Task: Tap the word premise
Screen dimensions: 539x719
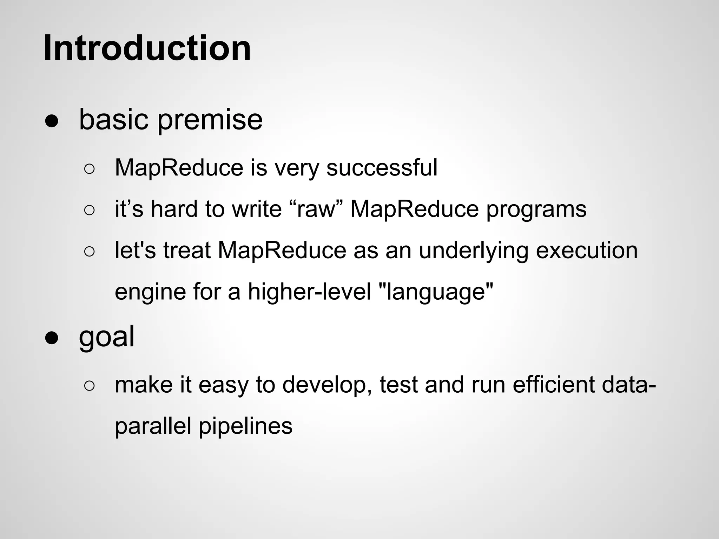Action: (x=210, y=120)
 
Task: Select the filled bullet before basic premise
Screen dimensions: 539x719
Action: (x=52, y=121)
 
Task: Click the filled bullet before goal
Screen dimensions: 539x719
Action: (x=52, y=338)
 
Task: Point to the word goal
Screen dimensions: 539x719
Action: (x=106, y=337)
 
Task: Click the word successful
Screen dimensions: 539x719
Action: (x=382, y=167)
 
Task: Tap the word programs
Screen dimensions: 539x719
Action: (x=536, y=209)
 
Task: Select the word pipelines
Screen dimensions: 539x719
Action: (x=245, y=426)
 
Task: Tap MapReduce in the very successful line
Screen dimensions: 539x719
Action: (x=179, y=167)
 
